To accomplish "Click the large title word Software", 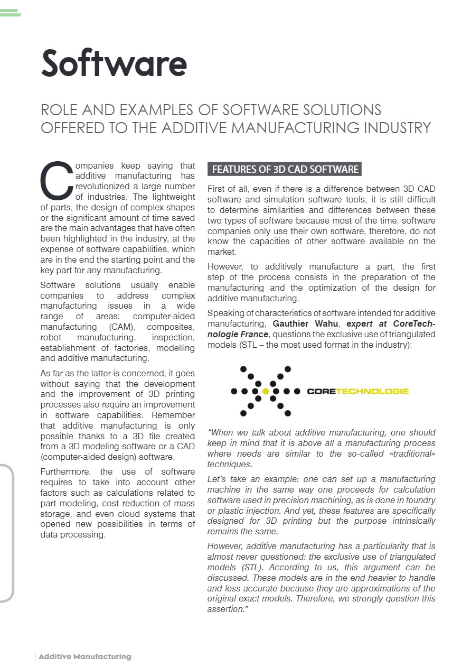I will point(114,63).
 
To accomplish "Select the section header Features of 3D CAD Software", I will point(285,170).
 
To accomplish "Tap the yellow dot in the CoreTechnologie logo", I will point(266,392).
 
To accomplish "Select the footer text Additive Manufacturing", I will point(84,656).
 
